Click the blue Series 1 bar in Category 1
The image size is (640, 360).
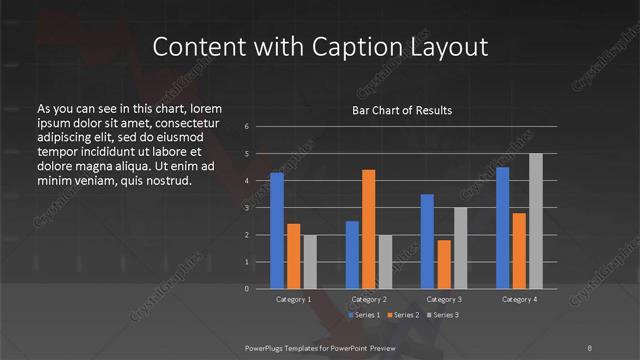point(277,231)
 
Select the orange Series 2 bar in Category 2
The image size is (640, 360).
point(369,229)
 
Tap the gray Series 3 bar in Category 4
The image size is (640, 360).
point(536,221)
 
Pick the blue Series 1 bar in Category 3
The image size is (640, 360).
point(428,241)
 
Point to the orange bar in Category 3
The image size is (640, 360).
point(444,264)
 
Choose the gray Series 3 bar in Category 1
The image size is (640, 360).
point(310,262)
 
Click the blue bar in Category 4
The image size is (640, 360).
point(503,228)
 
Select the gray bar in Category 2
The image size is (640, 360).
point(386,262)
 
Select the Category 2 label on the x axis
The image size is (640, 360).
point(369,299)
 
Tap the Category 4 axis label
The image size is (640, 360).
point(520,299)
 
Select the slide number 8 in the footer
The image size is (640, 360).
point(590,347)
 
